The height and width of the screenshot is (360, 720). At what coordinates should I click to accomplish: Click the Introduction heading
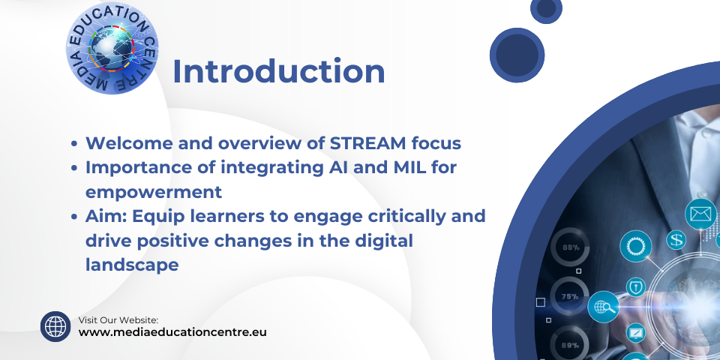[x=279, y=72]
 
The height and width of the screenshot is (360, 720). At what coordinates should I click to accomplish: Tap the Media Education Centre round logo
[x=112, y=48]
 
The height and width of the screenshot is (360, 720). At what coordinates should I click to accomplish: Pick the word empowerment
[x=154, y=193]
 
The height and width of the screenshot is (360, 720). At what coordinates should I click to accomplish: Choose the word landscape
[x=132, y=265]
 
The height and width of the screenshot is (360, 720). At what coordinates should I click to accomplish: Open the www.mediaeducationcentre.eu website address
[x=172, y=332]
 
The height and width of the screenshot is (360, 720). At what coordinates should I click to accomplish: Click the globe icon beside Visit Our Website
[x=55, y=326]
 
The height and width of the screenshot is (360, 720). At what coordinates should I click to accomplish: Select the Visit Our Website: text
[x=118, y=320]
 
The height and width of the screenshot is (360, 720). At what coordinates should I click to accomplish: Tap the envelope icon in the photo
[x=700, y=214]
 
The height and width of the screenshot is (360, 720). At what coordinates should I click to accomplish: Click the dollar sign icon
[x=676, y=240]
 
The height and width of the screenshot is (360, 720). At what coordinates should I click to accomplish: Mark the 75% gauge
[x=570, y=297]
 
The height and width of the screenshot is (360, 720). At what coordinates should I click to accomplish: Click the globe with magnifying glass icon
[x=603, y=306]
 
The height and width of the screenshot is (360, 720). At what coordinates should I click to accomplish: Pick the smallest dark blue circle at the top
[x=546, y=9]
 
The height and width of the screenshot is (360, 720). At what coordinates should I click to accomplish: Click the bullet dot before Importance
[x=74, y=169]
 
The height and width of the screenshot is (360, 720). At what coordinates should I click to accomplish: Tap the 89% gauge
[x=570, y=344]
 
